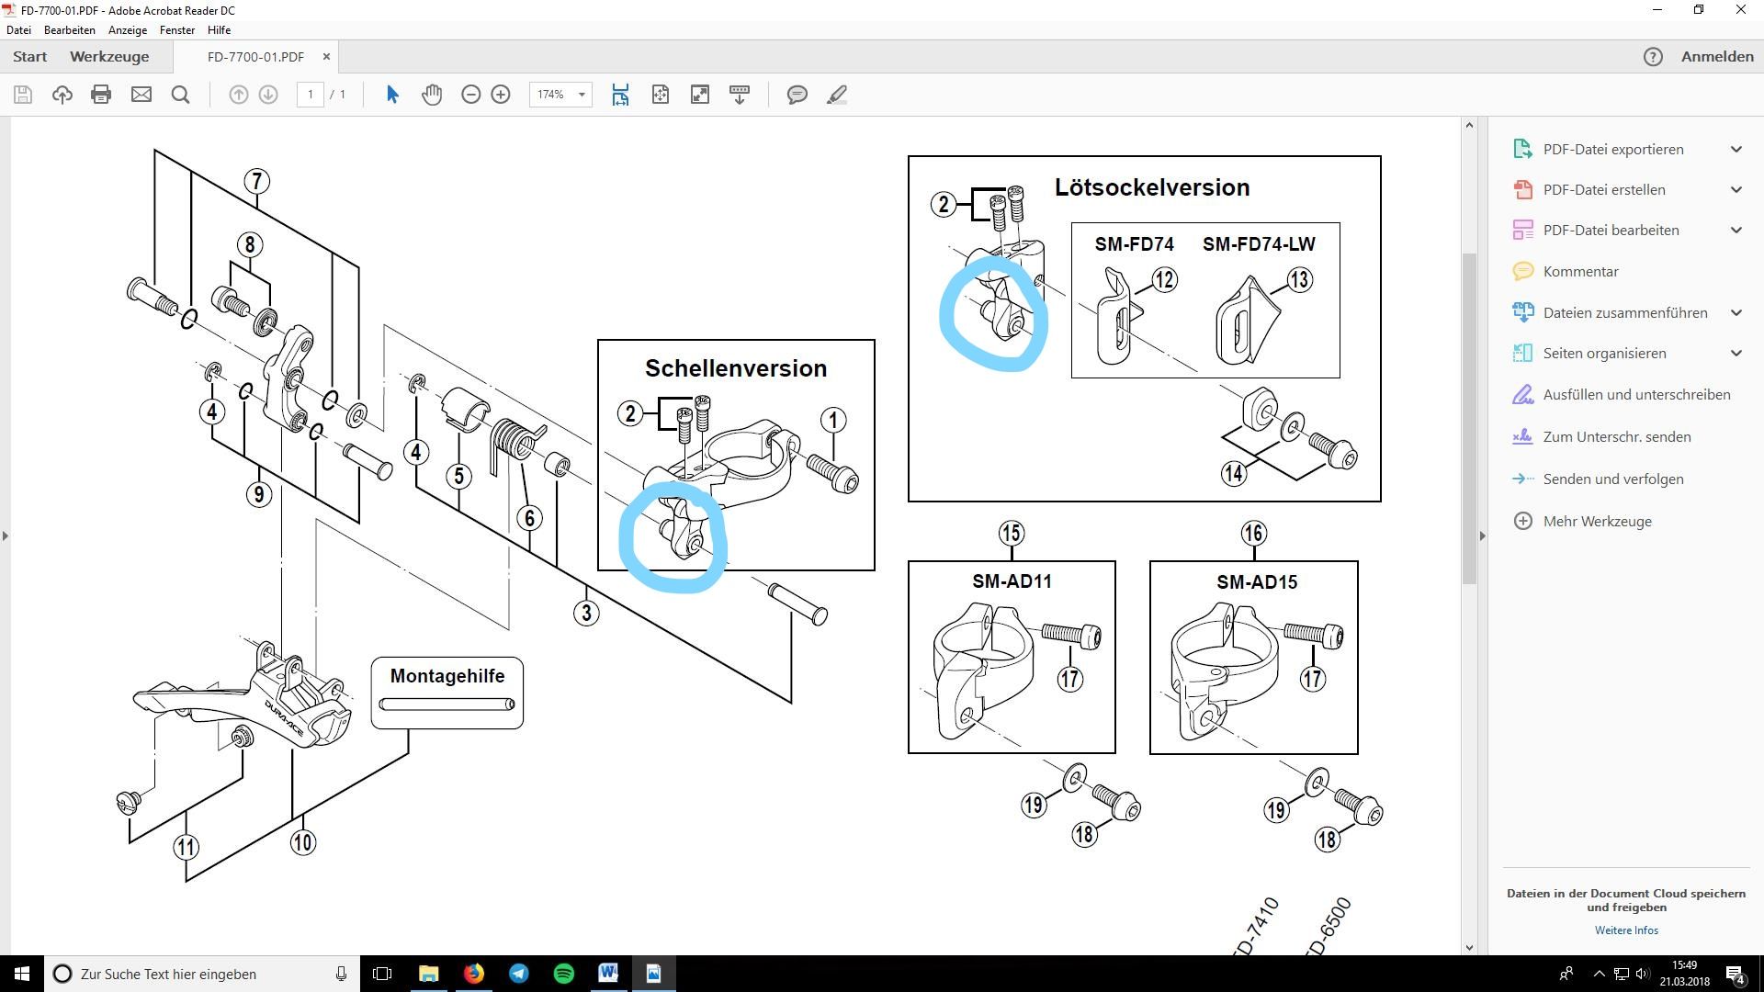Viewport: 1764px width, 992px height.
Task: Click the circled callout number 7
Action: point(256,181)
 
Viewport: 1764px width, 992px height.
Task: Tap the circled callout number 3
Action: point(586,613)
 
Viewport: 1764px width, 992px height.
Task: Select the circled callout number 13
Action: point(1299,280)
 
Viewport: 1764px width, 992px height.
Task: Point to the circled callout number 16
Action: point(1253,533)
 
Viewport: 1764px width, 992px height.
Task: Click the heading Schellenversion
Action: point(735,368)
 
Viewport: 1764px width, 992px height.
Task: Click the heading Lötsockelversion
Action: point(1151,187)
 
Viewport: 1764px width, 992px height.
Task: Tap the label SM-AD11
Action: point(1012,581)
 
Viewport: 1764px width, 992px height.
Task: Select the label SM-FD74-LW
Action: point(1258,244)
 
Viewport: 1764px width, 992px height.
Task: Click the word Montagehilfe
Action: point(447,676)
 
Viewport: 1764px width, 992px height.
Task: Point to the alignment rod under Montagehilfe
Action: point(447,705)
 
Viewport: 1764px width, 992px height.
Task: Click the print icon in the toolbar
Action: point(101,95)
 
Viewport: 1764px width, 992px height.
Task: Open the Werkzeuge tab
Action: point(109,57)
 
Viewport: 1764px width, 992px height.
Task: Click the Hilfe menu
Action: point(219,30)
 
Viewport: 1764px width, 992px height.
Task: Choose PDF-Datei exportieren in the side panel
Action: point(1612,149)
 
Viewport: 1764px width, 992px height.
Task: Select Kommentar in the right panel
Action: point(1580,271)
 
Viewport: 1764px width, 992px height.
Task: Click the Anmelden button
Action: point(1716,57)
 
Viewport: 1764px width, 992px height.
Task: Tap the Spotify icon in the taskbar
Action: point(564,974)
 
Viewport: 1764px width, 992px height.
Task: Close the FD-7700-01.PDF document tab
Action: point(326,57)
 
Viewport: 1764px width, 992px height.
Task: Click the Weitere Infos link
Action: point(1625,930)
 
